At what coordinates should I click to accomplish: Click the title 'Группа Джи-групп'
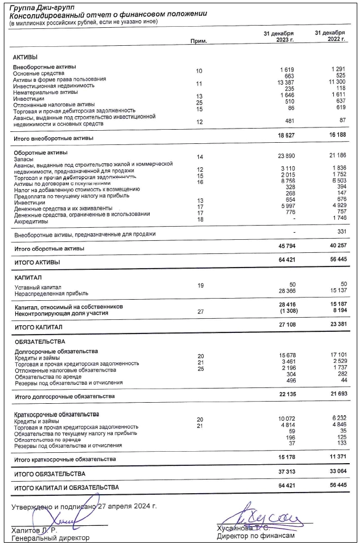coord(38,8)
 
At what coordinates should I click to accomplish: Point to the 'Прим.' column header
coord(199,41)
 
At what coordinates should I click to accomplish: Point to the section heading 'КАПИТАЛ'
coord(28,278)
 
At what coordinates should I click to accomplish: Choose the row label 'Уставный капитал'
coord(38,287)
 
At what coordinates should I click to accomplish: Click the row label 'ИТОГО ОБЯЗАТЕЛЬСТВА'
coord(50,474)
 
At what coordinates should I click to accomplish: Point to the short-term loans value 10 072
coord(283,419)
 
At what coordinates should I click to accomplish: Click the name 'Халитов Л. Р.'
coord(34,529)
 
